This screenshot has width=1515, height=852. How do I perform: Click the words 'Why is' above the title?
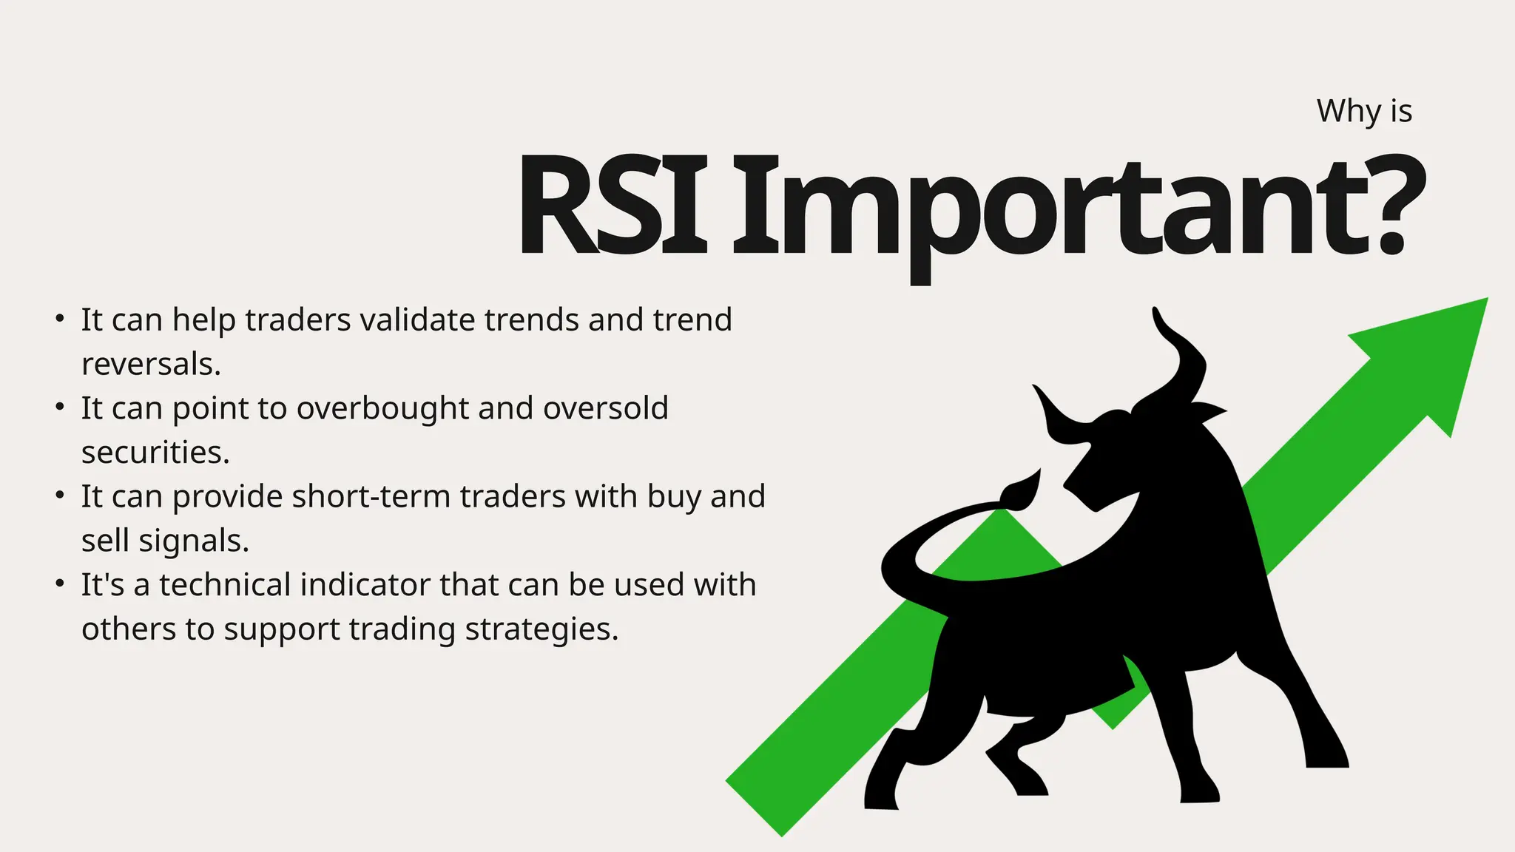[x=1364, y=112]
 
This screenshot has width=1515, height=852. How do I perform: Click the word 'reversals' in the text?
[x=150, y=365]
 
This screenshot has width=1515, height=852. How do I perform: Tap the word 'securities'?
[x=155, y=453]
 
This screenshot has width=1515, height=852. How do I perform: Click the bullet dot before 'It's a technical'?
[x=61, y=584]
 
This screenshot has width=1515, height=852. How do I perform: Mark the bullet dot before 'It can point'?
[x=61, y=408]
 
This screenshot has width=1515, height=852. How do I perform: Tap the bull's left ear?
[x=1206, y=411]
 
